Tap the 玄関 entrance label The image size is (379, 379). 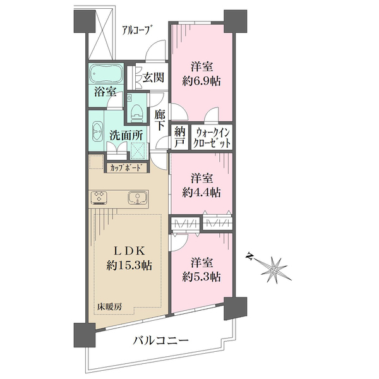tap(153, 78)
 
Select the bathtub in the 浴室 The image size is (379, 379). tap(105, 74)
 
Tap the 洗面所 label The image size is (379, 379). tap(126, 136)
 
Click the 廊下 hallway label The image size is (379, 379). tap(160, 120)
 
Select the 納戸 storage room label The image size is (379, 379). tap(179, 138)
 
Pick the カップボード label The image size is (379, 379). tap(126, 167)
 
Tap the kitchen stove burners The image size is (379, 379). tap(99, 196)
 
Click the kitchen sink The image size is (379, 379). tap(137, 198)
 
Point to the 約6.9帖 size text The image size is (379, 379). tap(201, 81)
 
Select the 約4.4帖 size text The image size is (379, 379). tap(201, 193)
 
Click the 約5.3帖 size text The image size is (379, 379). tap(201, 277)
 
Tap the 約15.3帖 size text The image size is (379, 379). tap(129, 266)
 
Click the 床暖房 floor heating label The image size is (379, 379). tap(109, 307)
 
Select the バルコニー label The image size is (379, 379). tap(160, 341)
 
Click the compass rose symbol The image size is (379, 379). tap(274, 270)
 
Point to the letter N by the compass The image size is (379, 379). tap(250, 256)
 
